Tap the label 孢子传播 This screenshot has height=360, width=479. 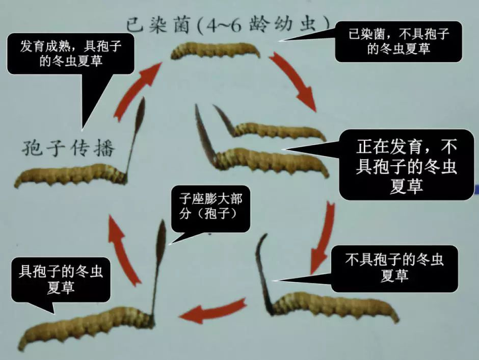[x=68, y=149]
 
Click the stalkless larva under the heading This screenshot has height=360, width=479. [x=215, y=49]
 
